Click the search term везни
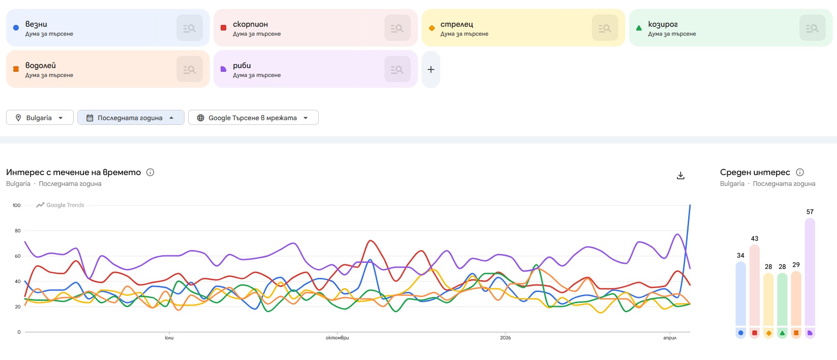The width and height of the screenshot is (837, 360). pos(36,24)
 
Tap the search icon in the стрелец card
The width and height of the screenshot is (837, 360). pos(605,28)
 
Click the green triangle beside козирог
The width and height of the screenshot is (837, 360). pos(638,28)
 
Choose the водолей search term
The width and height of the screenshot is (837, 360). pos(40,65)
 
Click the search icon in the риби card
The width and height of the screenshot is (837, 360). pos(397,69)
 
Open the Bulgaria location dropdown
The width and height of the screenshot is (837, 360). pos(40,118)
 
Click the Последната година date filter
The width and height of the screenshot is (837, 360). pos(131,118)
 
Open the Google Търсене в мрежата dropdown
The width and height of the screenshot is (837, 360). pos(253,118)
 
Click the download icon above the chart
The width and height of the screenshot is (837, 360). pos(681,176)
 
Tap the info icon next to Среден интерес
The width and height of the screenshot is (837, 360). pos(800,172)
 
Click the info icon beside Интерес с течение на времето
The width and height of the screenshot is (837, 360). pos(150,172)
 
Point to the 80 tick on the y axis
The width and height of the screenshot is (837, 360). pos(17,230)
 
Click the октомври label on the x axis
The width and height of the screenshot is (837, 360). pos(337,338)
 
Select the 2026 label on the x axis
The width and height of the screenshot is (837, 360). pos(505,338)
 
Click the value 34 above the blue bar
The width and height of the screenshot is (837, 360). pos(740,255)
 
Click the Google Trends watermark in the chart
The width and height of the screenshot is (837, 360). pos(61,205)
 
